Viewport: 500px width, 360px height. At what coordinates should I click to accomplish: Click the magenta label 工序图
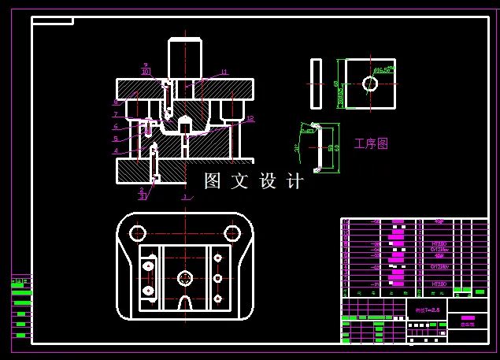[371, 144]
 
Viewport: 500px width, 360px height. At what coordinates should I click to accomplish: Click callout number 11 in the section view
[224, 72]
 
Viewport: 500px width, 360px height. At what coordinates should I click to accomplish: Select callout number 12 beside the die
[250, 119]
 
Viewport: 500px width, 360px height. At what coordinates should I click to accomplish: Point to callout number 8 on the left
[116, 102]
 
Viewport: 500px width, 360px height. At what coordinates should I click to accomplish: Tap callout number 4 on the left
[116, 150]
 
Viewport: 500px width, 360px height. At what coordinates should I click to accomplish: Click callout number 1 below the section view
[183, 197]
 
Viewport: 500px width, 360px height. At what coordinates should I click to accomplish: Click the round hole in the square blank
[369, 83]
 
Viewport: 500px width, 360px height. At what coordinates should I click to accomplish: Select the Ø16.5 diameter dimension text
[384, 71]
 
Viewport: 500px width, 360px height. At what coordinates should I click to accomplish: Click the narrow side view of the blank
[316, 84]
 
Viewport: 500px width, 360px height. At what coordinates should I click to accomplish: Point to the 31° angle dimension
[297, 147]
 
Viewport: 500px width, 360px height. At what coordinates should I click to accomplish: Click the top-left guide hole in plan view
[138, 233]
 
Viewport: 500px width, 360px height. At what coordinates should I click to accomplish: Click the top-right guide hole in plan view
[231, 233]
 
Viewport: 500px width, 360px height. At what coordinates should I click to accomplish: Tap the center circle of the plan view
[184, 277]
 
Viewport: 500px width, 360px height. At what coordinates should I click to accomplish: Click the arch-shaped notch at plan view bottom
[184, 303]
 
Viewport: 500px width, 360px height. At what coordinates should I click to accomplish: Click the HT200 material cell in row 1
[439, 283]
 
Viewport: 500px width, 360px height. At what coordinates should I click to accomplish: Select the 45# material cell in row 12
[439, 221]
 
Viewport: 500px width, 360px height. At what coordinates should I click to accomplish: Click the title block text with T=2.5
[425, 310]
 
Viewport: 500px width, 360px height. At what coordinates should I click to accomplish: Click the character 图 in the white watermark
[213, 181]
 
